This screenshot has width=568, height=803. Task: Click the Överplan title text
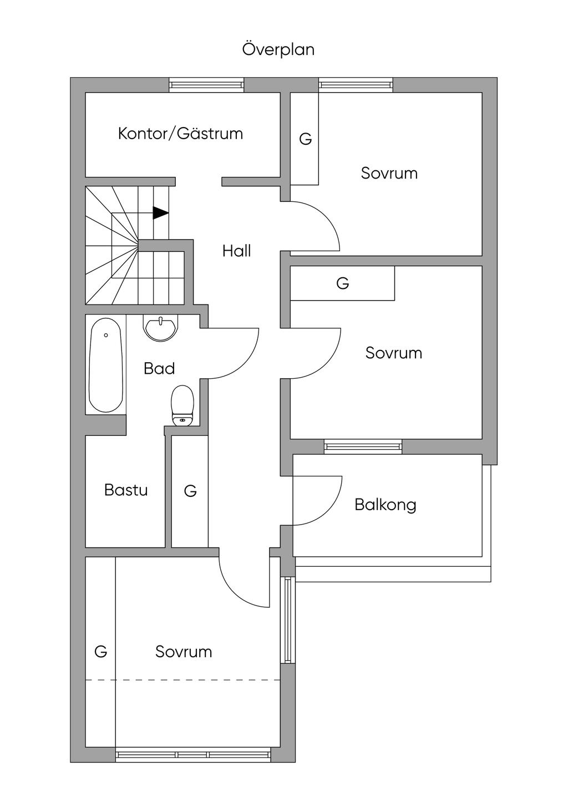point(278,49)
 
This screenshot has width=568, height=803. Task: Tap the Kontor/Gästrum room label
point(180,134)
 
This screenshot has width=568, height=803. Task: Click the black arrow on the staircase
point(160,213)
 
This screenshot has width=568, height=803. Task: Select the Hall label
point(237,251)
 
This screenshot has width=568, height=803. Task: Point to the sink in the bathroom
point(160,327)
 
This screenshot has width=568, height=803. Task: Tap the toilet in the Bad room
point(182,405)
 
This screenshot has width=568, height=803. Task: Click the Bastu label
point(126,490)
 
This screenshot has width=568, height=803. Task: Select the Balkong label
point(385,505)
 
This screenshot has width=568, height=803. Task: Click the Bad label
point(159,369)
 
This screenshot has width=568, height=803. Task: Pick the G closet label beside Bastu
point(190,491)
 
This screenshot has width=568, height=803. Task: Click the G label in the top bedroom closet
point(305,139)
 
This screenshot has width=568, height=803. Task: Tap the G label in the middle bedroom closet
point(343,283)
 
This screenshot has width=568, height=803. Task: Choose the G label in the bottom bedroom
point(100,652)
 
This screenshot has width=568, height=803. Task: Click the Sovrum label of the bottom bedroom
point(184,652)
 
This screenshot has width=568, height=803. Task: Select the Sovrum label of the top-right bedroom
point(389,173)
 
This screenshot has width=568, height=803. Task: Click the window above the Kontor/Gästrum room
point(206,85)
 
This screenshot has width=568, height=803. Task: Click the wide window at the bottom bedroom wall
point(193,755)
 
